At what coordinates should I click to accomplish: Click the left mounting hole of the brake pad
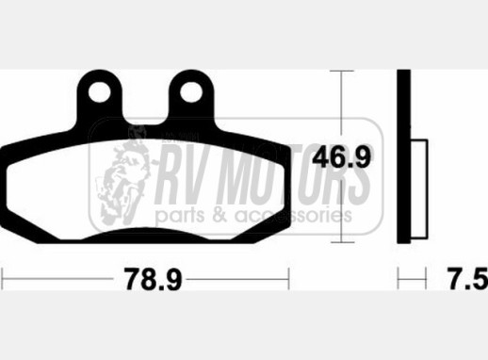[x=99, y=92]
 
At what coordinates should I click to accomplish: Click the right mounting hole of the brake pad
[x=191, y=92]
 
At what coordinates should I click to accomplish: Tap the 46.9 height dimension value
[x=342, y=157]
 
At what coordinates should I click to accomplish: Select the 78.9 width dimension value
[x=153, y=279]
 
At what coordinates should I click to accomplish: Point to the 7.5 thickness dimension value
[x=468, y=279]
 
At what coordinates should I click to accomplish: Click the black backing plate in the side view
[x=403, y=156]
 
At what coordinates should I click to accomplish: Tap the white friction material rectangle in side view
[x=418, y=188]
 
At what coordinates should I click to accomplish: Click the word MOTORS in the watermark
[x=300, y=174]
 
